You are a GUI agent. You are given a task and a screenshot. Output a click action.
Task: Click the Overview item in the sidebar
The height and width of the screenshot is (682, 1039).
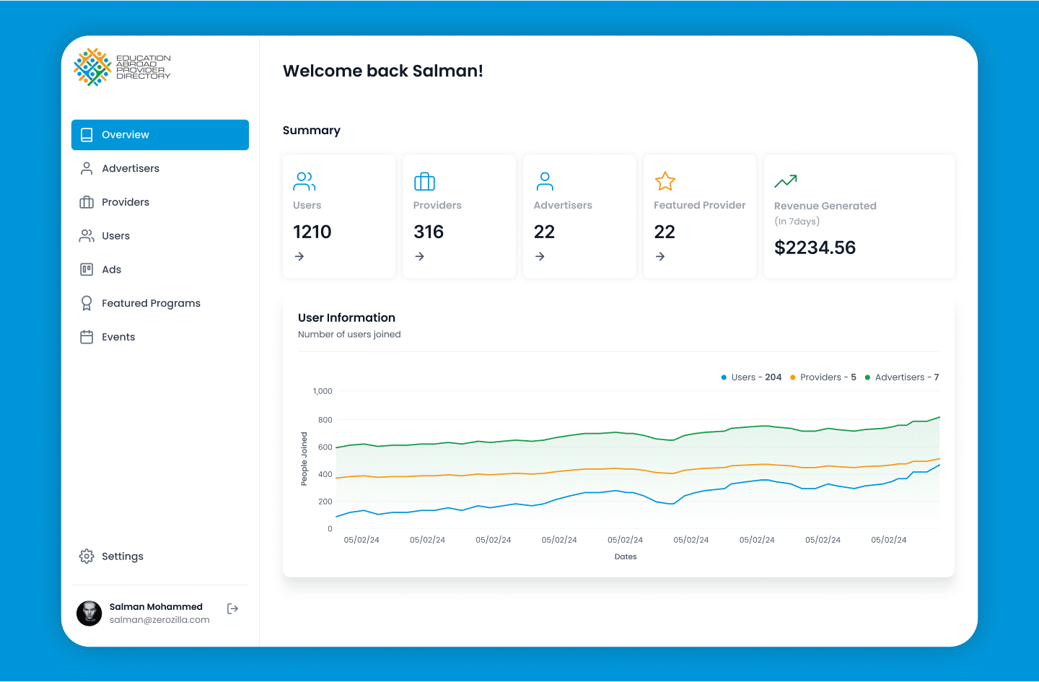coord(160,134)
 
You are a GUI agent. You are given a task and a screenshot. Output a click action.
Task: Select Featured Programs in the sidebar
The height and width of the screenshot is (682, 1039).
coord(151,303)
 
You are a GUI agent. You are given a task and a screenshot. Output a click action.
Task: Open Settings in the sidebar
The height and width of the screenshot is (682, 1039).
coord(122,556)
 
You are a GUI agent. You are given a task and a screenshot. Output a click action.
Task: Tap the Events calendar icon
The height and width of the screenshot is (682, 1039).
coord(87,337)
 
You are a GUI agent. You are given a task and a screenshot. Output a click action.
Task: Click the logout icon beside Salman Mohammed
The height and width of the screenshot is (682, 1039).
coord(232,608)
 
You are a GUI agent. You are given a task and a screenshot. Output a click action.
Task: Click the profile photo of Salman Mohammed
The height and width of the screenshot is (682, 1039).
coord(89,613)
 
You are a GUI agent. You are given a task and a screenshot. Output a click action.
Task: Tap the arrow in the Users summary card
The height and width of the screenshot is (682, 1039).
coord(299,256)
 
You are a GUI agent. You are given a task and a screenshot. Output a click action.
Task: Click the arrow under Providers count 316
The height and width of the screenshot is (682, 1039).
coord(420,256)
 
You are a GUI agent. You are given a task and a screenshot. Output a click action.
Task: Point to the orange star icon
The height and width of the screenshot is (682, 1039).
coord(665,181)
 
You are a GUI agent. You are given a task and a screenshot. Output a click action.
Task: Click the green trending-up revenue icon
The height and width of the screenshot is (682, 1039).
coord(786,181)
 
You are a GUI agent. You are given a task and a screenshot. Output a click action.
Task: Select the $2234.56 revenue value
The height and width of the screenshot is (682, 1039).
coord(815,248)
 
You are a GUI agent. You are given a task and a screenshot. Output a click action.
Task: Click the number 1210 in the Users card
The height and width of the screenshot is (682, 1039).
coord(312,232)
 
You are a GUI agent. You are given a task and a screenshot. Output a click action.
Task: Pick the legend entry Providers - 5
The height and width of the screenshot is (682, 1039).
coord(823,377)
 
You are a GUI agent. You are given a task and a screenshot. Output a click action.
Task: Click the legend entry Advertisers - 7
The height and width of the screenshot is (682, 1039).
coord(902,377)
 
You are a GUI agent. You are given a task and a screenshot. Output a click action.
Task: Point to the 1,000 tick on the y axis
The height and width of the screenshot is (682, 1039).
coord(323,391)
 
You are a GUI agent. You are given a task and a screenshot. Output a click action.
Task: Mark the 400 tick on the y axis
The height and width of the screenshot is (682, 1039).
coord(325,474)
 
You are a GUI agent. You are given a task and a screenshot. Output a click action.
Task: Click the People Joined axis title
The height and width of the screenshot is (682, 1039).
coord(304,459)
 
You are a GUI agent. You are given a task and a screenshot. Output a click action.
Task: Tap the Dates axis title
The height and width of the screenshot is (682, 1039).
coord(626,556)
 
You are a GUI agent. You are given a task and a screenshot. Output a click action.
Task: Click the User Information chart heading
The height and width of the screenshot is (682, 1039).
coord(346,318)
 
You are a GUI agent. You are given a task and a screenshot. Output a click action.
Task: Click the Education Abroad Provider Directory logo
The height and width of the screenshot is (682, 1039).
coord(122,67)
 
